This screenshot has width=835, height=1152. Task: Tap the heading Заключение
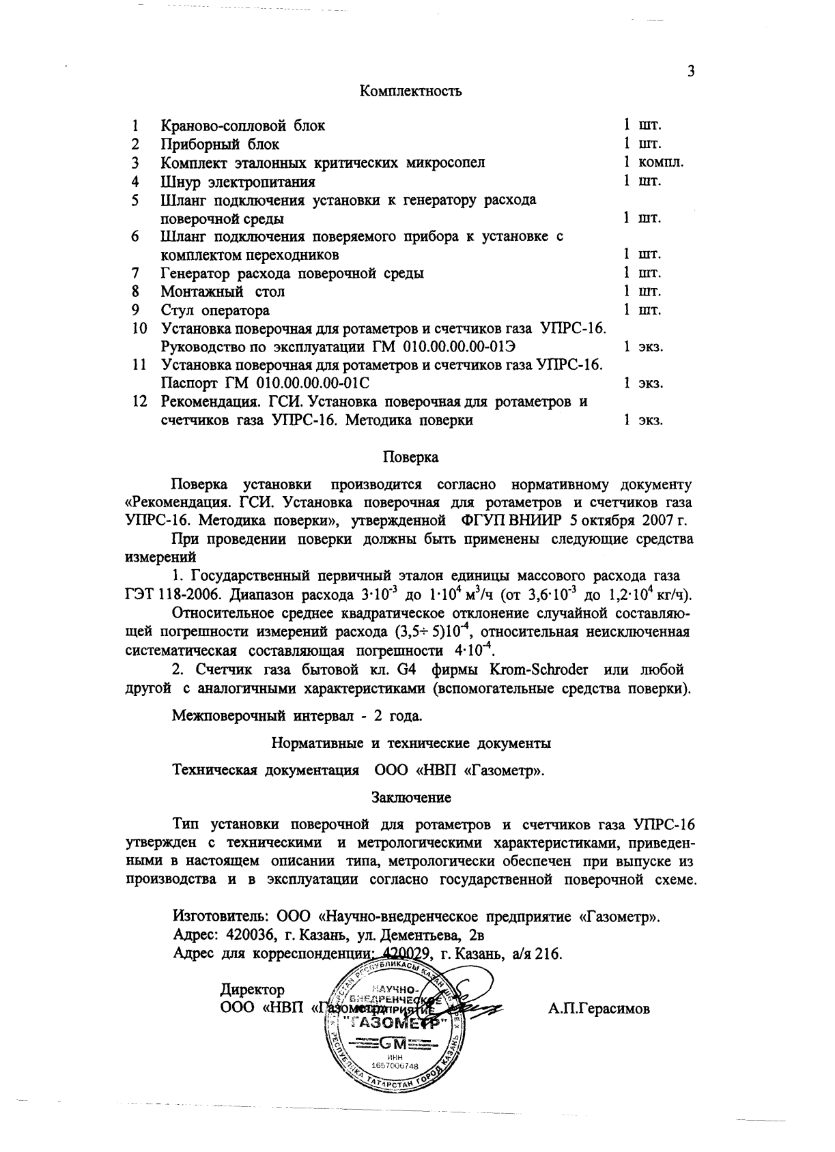pyautogui.click(x=411, y=796)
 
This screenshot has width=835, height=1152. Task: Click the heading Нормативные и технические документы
pyautogui.click(x=411, y=743)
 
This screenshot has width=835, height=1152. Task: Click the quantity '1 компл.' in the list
pyautogui.click(x=653, y=162)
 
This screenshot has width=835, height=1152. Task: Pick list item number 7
pyautogui.click(x=136, y=273)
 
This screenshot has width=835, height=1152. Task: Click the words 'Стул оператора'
pyautogui.click(x=215, y=311)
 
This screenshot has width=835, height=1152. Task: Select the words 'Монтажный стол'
pyautogui.click(x=223, y=292)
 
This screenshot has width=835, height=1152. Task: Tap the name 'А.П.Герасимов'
pyautogui.click(x=599, y=1008)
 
